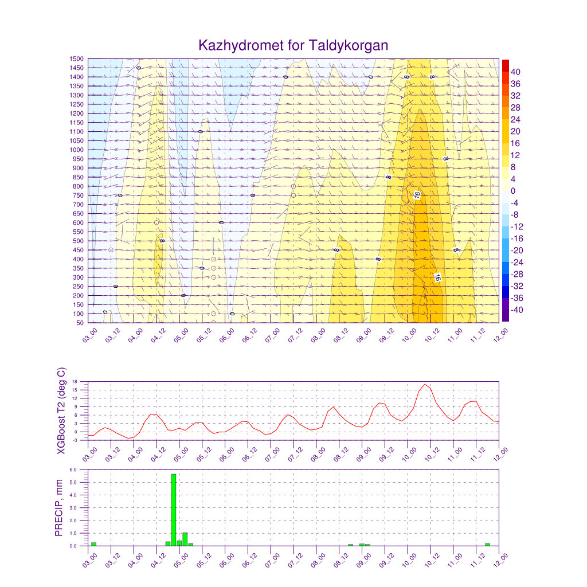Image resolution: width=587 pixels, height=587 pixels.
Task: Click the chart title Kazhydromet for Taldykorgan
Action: click(x=293, y=45)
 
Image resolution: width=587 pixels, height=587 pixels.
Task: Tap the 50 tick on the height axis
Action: click(x=80, y=323)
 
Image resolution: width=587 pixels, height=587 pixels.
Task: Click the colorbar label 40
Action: click(x=516, y=72)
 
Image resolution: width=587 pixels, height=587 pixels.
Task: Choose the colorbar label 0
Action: click(x=513, y=191)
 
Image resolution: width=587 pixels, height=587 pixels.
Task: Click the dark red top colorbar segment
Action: click(x=506, y=65)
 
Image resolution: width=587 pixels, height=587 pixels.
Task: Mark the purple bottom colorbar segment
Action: click(x=506, y=316)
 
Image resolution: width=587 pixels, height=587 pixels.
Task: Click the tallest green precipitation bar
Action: click(x=174, y=510)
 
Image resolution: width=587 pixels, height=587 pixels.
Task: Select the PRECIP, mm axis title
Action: click(x=58, y=508)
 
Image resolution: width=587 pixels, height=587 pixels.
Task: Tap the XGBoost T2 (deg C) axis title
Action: click(x=61, y=411)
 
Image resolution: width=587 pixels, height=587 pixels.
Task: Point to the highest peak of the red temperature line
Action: click(x=425, y=384)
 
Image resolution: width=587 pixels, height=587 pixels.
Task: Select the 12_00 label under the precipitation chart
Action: click(x=501, y=559)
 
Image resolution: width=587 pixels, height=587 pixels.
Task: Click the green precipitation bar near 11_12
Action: click(x=487, y=545)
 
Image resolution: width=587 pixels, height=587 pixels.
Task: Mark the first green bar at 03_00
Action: click(x=93, y=544)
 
